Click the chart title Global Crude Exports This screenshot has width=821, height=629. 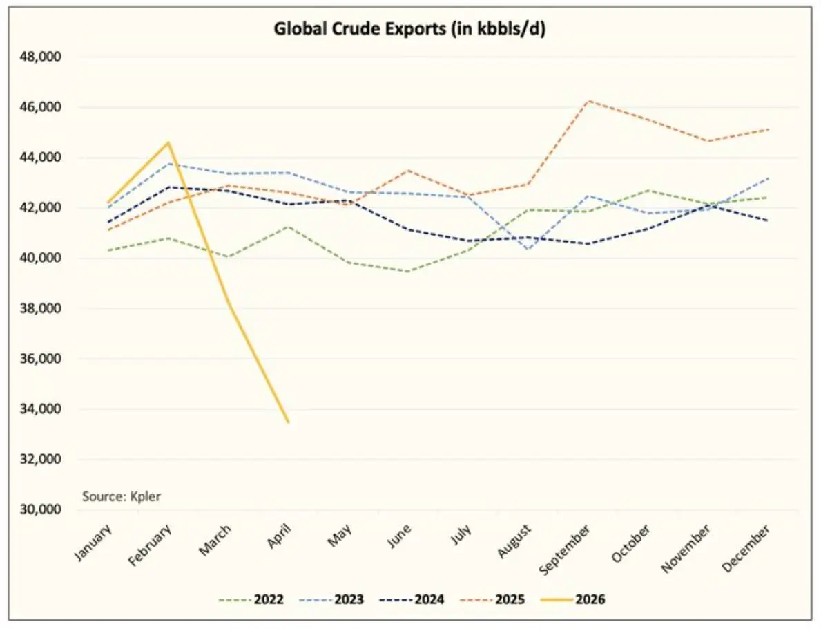[410, 30]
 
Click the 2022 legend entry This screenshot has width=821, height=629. [251, 599]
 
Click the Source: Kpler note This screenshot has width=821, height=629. [122, 496]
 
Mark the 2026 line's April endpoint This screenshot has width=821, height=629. [288, 422]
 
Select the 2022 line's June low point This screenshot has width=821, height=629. [409, 271]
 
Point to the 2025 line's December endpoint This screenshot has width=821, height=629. [768, 129]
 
